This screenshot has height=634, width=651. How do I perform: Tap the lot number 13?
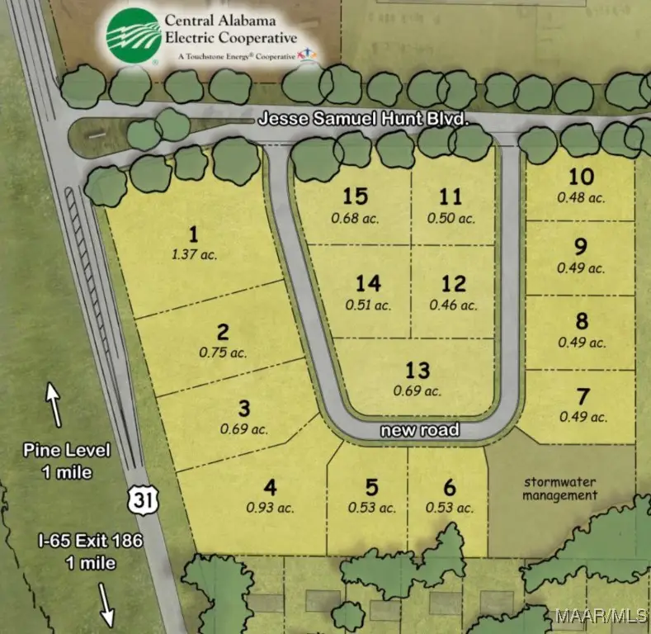click(417, 371)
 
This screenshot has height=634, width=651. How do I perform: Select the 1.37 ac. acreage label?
click(196, 254)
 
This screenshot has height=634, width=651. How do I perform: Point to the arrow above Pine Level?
click(54, 404)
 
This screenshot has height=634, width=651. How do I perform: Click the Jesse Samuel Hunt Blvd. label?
click(364, 120)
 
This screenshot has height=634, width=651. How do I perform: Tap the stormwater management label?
click(561, 488)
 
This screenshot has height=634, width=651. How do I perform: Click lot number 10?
click(582, 177)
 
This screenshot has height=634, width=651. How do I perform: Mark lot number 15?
click(355, 196)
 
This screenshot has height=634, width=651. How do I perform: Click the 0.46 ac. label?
click(453, 305)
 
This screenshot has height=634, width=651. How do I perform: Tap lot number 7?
click(583, 396)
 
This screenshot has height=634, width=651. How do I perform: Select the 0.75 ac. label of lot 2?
click(223, 352)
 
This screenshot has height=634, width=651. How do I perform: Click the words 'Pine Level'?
click(67, 452)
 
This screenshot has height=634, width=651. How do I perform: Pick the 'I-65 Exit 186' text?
click(91, 542)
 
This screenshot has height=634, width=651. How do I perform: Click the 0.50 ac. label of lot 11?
click(451, 218)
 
